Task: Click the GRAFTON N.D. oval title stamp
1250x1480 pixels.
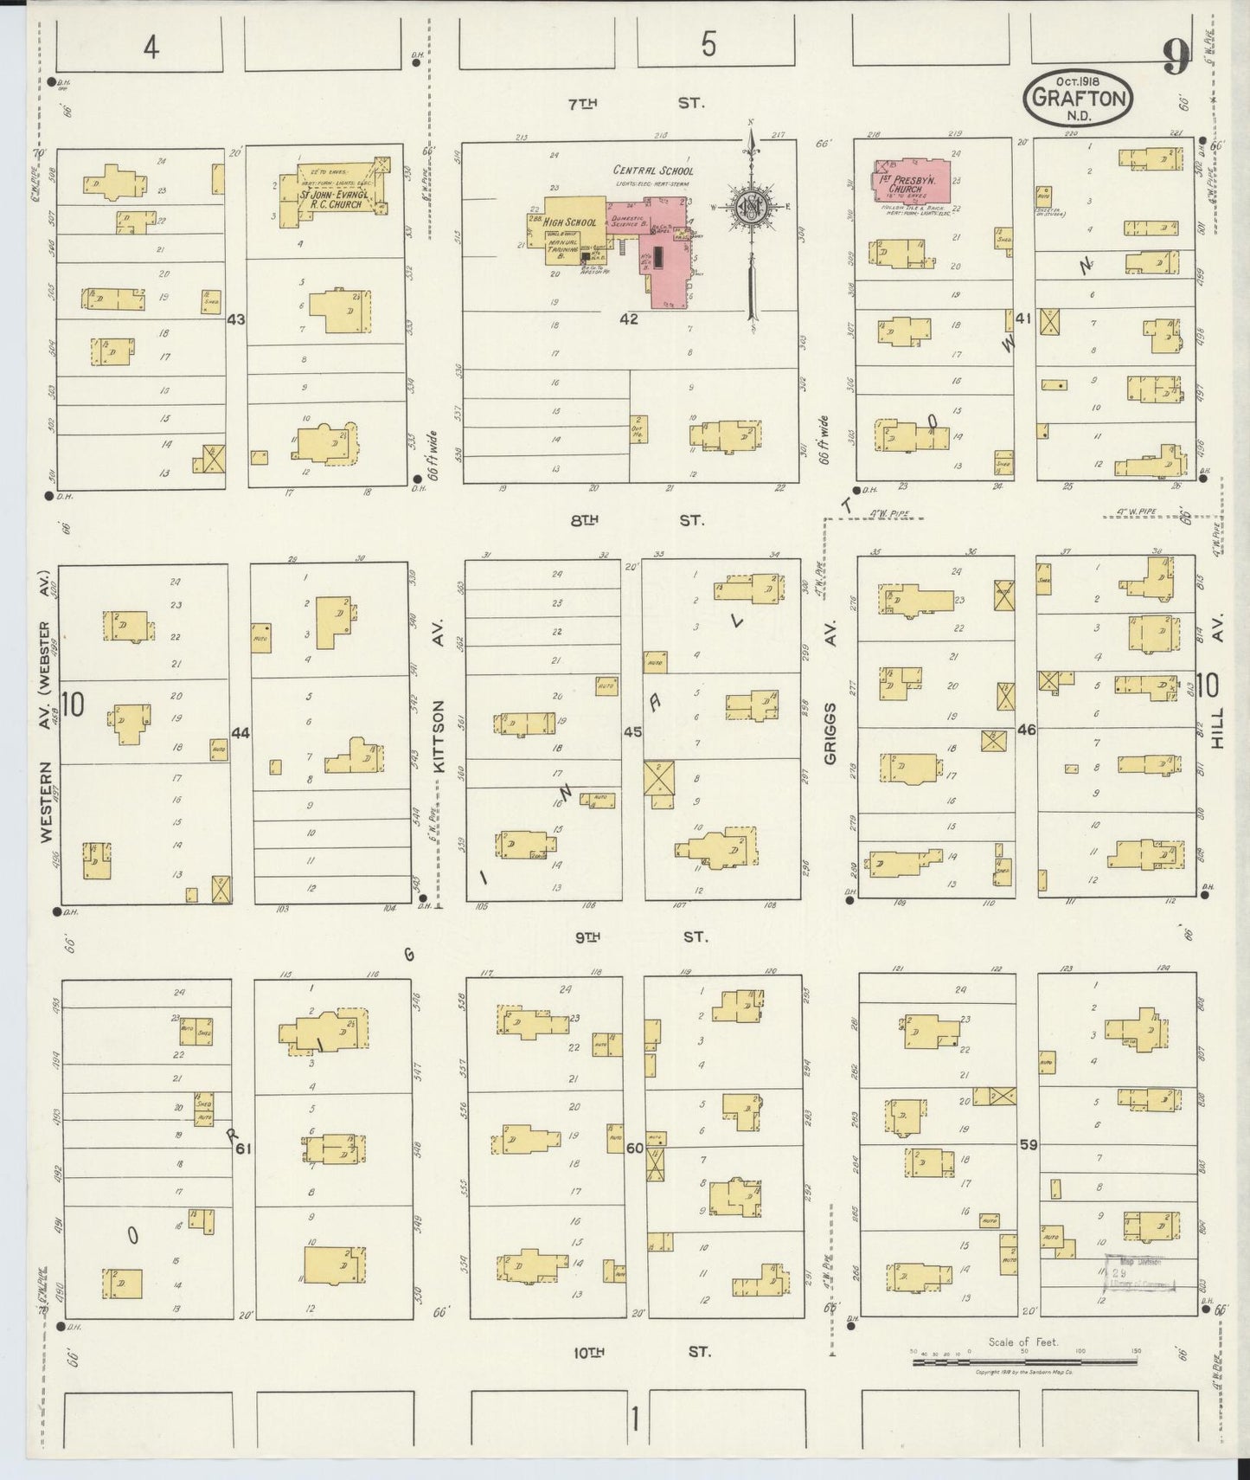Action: [x=1079, y=99]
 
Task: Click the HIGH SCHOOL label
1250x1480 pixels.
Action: [x=570, y=222]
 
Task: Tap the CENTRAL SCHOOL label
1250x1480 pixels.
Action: [x=653, y=171]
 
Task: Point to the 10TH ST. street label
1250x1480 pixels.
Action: [x=639, y=1351]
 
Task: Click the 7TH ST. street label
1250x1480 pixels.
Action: [x=636, y=103]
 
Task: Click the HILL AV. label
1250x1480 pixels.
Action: [x=1219, y=692]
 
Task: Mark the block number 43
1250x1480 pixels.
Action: [x=235, y=319]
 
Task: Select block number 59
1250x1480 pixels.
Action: [x=1029, y=1144]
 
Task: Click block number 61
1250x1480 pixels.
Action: [x=243, y=1149]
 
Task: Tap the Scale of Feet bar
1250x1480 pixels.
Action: [x=1025, y=1361]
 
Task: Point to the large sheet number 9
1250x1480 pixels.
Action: [x=1175, y=58]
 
